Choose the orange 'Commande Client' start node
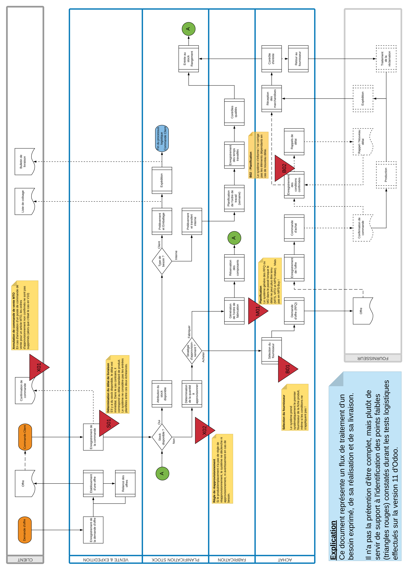25,437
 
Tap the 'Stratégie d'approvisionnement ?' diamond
192,351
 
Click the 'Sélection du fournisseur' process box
272,351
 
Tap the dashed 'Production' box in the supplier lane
386,175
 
